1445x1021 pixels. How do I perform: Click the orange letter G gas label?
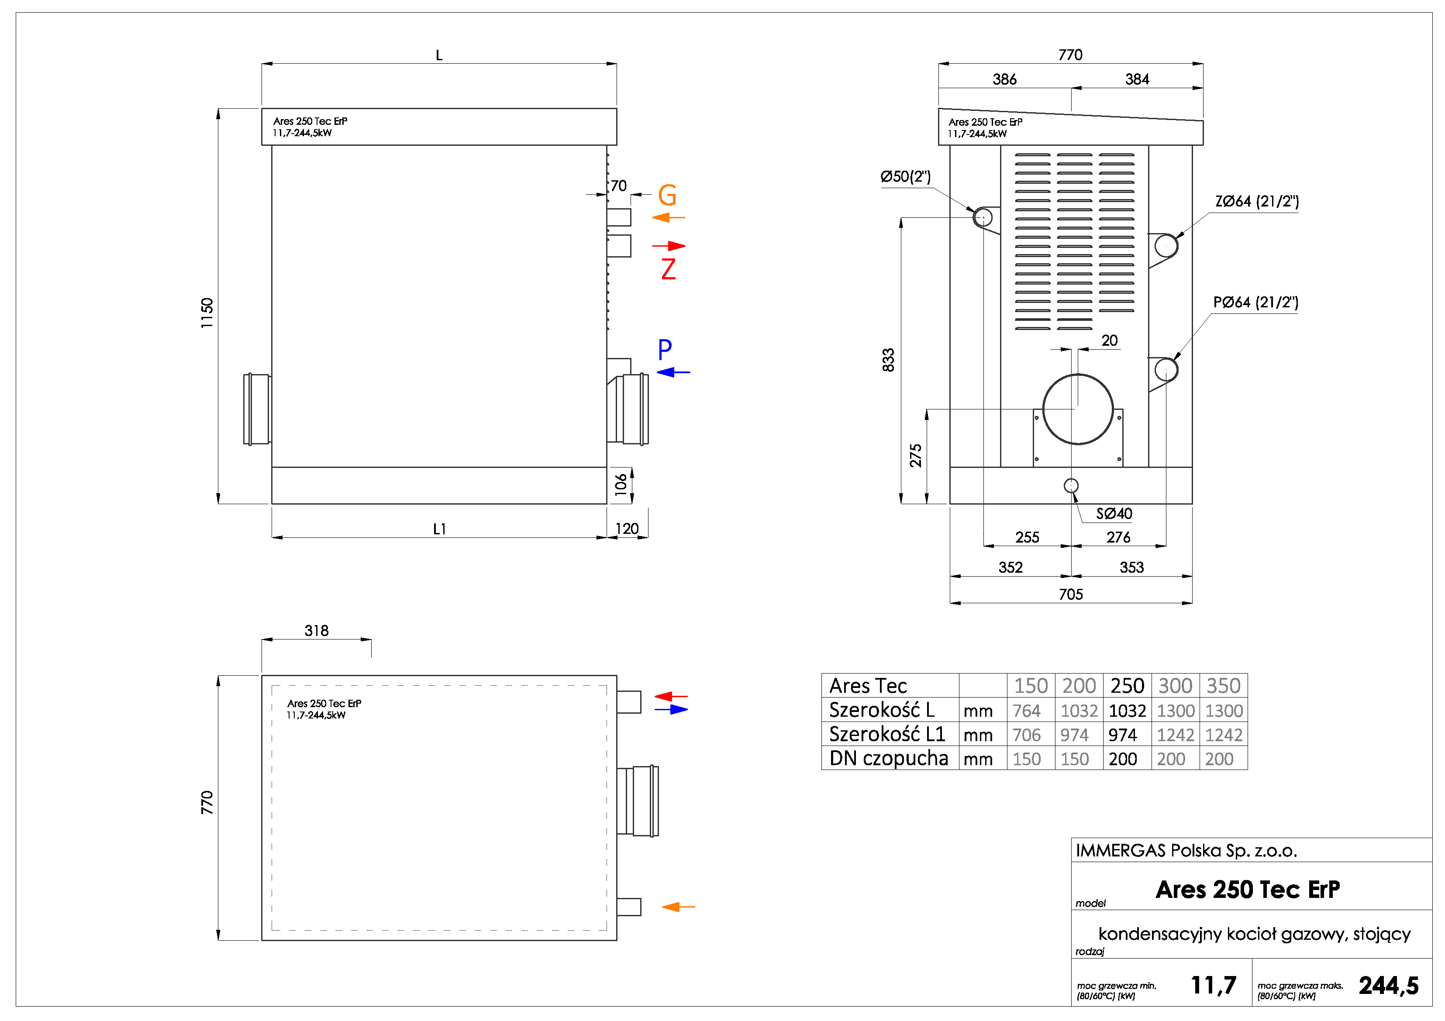(667, 195)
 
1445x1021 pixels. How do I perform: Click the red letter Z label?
(669, 269)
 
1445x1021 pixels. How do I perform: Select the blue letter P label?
(665, 349)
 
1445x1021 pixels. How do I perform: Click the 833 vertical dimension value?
(888, 360)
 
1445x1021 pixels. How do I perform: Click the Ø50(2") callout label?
(905, 177)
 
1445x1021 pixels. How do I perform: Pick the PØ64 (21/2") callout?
(1255, 303)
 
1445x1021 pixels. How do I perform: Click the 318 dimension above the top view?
(317, 630)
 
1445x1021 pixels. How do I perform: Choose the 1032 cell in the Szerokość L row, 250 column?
(1127, 711)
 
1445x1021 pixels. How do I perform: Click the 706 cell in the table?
(1027, 735)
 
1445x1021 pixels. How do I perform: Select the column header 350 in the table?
(1223, 686)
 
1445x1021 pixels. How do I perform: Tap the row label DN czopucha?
(888, 759)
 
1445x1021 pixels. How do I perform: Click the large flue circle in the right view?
(1077, 409)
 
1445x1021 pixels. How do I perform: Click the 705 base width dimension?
(1070, 595)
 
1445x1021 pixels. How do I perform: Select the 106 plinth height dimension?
(621, 485)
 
